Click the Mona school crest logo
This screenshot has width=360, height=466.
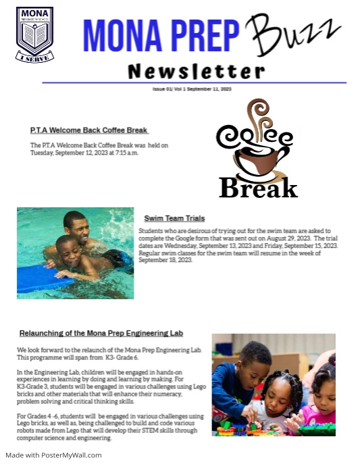pyautogui.click(x=34, y=34)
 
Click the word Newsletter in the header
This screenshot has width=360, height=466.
pyautogui.click(x=197, y=71)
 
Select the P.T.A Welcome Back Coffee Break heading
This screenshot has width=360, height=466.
pyautogui.click(x=89, y=130)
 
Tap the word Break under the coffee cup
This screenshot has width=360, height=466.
pyautogui.click(x=258, y=187)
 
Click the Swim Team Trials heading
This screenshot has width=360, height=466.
pyautogui.click(x=174, y=219)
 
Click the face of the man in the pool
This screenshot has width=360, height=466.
pyautogui.click(x=76, y=227)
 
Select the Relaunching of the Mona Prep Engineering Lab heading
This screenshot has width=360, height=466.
pyautogui.click(x=101, y=334)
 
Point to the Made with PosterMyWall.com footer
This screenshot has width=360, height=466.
pyautogui.click(x=53, y=455)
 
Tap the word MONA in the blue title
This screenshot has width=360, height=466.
pyautogui.click(x=120, y=35)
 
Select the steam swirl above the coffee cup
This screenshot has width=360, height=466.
pyautogui.click(x=257, y=112)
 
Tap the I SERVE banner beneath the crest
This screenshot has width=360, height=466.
pyautogui.click(x=34, y=59)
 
